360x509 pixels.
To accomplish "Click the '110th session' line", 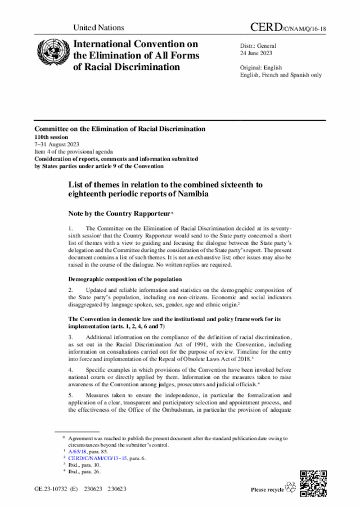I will (x=51, y=137).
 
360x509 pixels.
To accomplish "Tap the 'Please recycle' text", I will (x=267, y=490).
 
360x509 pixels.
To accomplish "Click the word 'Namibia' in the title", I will (x=191, y=194).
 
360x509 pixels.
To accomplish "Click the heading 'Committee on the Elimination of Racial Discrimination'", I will (x=119, y=129).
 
